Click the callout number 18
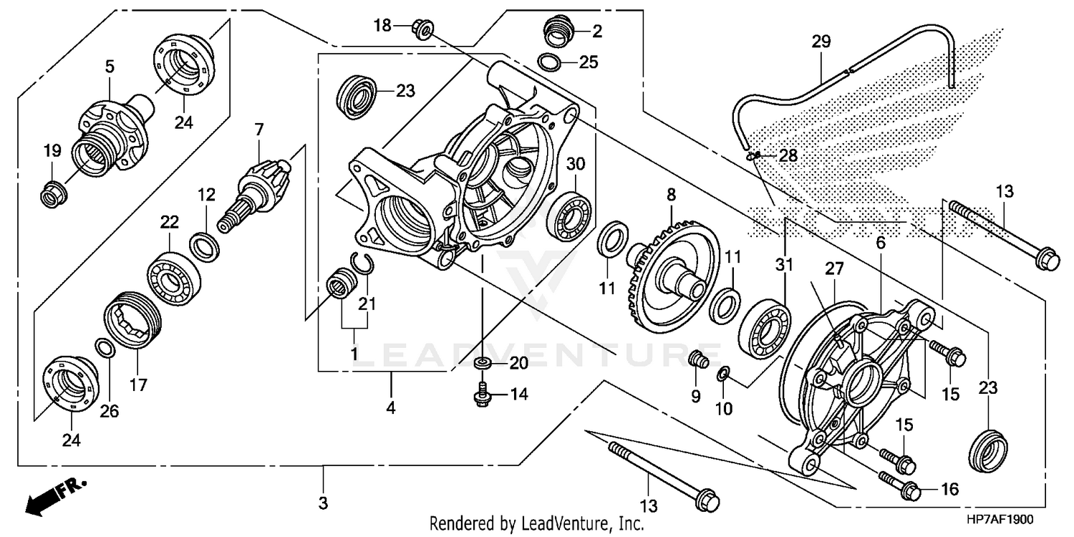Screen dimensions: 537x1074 tap(382, 26)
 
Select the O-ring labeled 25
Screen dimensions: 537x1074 tap(549, 62)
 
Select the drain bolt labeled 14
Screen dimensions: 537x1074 tap(481, 395)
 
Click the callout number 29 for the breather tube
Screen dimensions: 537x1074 tap(821, 42)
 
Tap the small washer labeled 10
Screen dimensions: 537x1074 tap(724, 374)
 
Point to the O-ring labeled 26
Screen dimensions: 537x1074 tap(105, 349)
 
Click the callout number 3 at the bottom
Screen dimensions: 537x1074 tap(323, 504)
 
